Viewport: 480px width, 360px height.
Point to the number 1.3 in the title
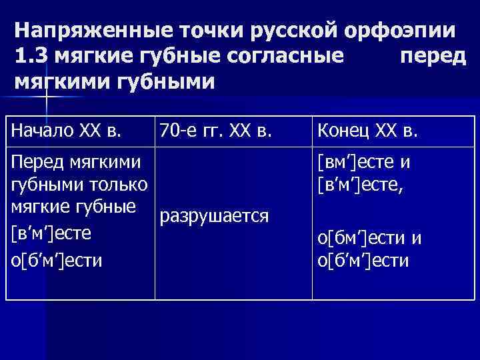pyautogui.click(x=30, y=57)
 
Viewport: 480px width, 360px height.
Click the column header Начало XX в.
pyautogui.click(x=67, y=131)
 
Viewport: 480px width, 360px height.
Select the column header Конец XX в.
pyautogui.click(x=368, y=131)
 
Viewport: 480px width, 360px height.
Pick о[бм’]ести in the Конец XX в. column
pyautogui.click(x=365, y=239)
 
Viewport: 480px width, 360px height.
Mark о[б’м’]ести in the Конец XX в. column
pyautogui.click(x=363, y=259)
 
